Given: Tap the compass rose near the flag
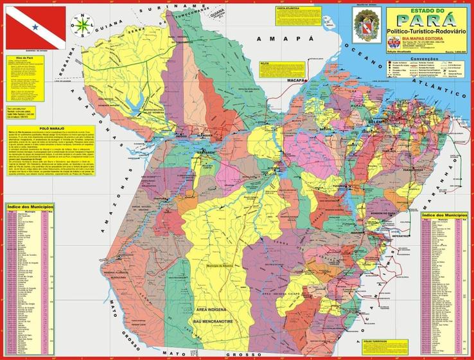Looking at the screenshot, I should point(82,25).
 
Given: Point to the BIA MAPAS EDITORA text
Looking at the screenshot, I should point(431,38).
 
